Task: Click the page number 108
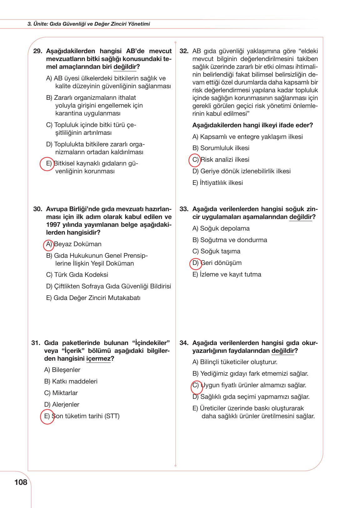click(x=21, y=482)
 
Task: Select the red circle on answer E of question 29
click(x=47, y=164)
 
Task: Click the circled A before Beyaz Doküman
click(x=48, y=245)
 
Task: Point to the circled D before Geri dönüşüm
click(x=195, y=263)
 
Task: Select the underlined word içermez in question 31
click(x=98, y=358)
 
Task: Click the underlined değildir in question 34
click(x=283, y=351)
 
